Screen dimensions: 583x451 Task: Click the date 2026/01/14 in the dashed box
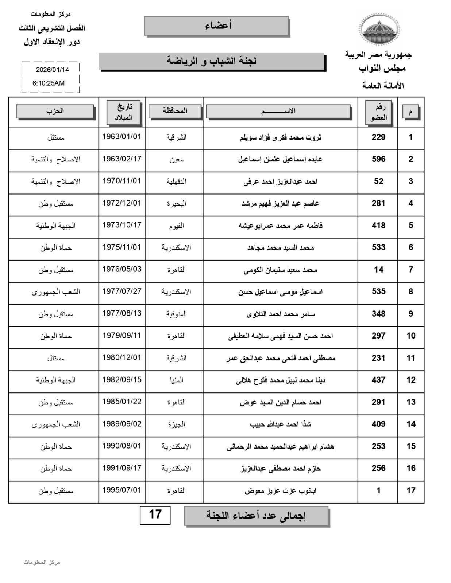[52, 69]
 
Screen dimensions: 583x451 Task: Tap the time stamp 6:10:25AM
[49, 83]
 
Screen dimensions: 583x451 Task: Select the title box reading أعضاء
[217, 26]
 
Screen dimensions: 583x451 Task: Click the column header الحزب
[55, 111]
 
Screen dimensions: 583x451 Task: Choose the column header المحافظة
[175, 111]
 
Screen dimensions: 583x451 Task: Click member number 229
[378, 137]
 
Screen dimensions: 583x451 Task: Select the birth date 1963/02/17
[122, 159]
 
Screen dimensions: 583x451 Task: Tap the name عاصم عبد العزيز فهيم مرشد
[280, 203]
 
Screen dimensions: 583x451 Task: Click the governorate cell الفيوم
[176, 226]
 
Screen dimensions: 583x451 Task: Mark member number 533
[378, 248]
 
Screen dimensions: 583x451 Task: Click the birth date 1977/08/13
[122, 314]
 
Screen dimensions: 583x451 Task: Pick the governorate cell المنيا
[176, 380]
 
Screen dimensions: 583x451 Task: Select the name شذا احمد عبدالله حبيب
[280, 424]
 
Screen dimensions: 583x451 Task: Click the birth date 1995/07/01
[122, 490]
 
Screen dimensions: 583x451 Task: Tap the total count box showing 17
[155, 514]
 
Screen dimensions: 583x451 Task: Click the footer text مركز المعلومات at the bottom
[42, 562]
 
